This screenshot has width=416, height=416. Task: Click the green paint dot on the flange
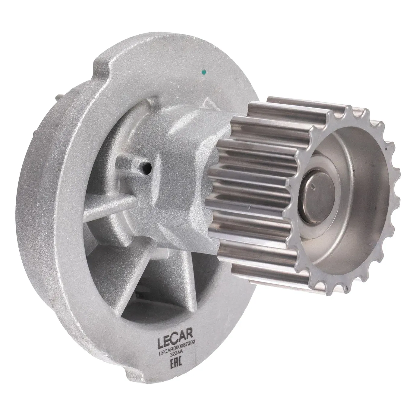tap(204, 71)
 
